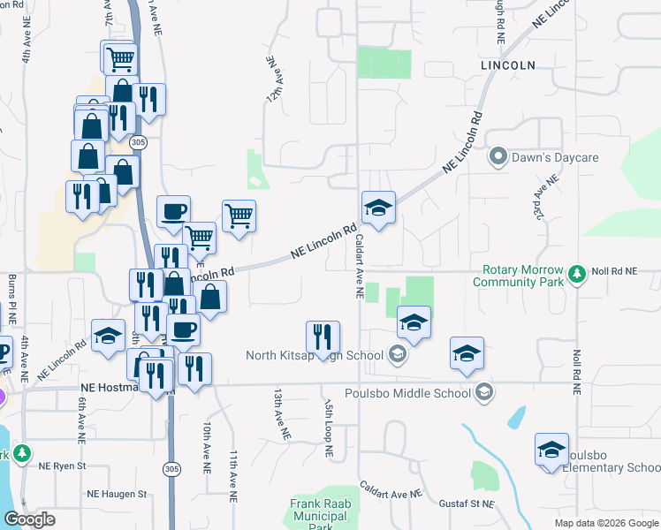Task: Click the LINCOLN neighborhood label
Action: click(x=508, y=65)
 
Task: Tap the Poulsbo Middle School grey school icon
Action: click(x=483, y=390)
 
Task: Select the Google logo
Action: click(x=29, y=519)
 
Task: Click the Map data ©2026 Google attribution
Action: click(x=606, y=523)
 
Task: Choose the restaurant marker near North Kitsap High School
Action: click(x=323, y=337)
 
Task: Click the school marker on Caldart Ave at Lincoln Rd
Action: click(x=377, y=208)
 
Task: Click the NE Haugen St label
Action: click(x=116, y=494)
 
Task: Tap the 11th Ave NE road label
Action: click(x=234, y=477)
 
